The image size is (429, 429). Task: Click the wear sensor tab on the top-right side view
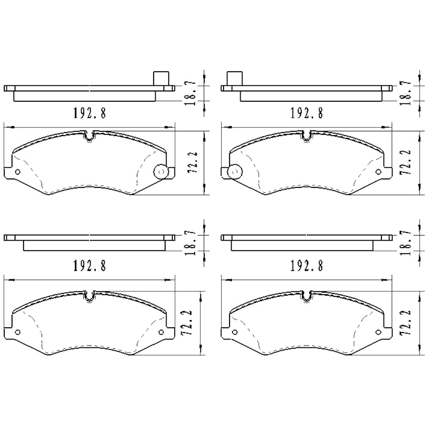click(x=233, y=78)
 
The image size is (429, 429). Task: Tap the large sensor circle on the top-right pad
click(x=234, y=172)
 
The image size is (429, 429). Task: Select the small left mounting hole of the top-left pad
click(x=18, y=172)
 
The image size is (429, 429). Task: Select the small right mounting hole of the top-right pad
click(x=378, y=172)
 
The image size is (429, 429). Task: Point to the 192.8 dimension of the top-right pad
click(x=306, y=113)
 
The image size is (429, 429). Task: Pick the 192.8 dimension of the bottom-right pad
click(x=306, y=266)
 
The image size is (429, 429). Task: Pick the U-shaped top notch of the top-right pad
click(x=308, y=136)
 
